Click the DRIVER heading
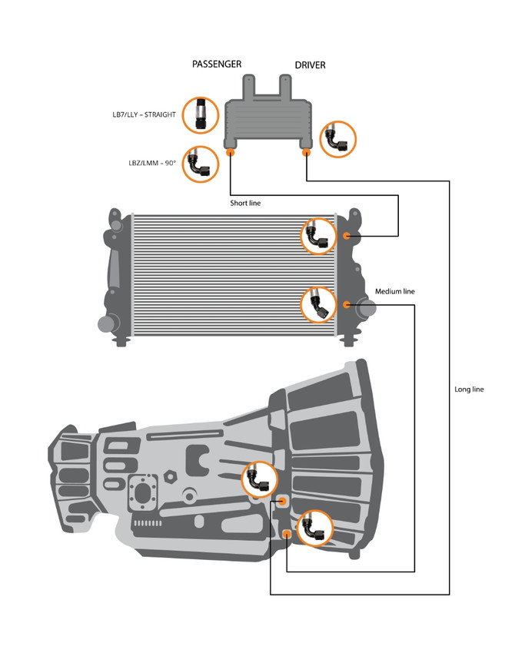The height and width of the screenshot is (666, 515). pyautogui.click(x=310, y=65)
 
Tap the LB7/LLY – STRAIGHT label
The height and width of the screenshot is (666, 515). pyautogui.click(x=144, y=114)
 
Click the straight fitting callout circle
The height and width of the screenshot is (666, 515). pyautogui.click(x=201, y=115)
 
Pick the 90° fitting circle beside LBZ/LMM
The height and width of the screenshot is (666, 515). pyautogui.click(x=201, y=163)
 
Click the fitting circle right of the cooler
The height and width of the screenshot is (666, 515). pyautogui.click(x=337, y=139)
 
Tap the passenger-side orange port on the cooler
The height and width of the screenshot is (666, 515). pyautogui.click(x=231, y=153)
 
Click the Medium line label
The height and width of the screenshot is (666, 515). pyautogui.click(x=394, y=292)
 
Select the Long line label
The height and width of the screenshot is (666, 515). pyautogui.click(x=469, y=389)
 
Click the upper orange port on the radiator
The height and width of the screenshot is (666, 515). pyautogui.click(x=347, y=235)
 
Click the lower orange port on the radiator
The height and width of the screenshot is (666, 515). pyautogui.click(x=347, y=305)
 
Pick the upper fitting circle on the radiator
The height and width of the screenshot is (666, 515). pyautogui.click(x=317, y=235)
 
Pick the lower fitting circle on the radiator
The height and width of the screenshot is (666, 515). pyautogui.click(x=317, y=305)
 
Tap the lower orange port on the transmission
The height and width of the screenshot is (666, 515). pyautogui.click(x=287, y=533)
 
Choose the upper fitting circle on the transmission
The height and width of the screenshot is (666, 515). pyautogui.click(x=259, y=479)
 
